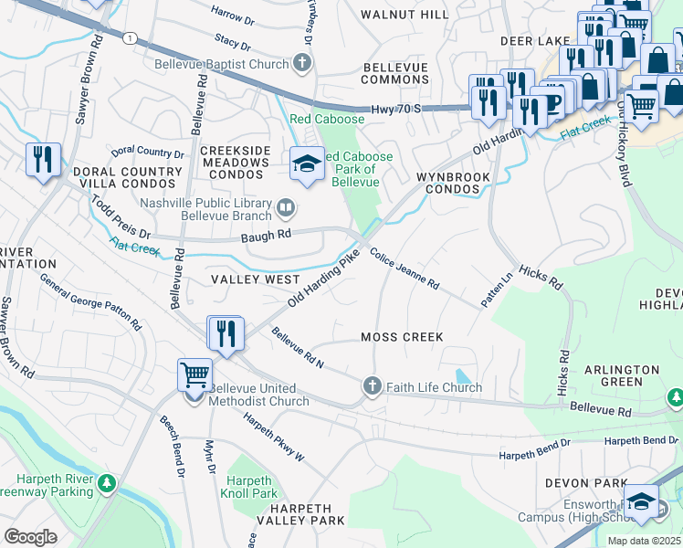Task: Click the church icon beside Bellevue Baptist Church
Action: coord(303,64)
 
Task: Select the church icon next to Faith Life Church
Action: coord(372,386)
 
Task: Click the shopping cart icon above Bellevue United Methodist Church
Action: coord(194,374)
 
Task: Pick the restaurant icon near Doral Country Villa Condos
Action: coord(43,160)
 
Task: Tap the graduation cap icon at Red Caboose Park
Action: coord(307,164)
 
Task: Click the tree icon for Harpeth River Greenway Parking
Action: coord(108,481)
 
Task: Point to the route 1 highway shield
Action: coord(132,37)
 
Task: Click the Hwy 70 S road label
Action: coord(395,109)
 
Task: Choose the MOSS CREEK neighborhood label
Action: coord(402,337)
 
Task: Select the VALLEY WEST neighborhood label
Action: coord(255,279)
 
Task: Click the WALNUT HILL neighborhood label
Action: coord(405,15)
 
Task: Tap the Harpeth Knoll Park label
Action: coord(248,487)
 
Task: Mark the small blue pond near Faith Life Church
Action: coord(464,375)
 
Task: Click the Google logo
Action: coord(30,536)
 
